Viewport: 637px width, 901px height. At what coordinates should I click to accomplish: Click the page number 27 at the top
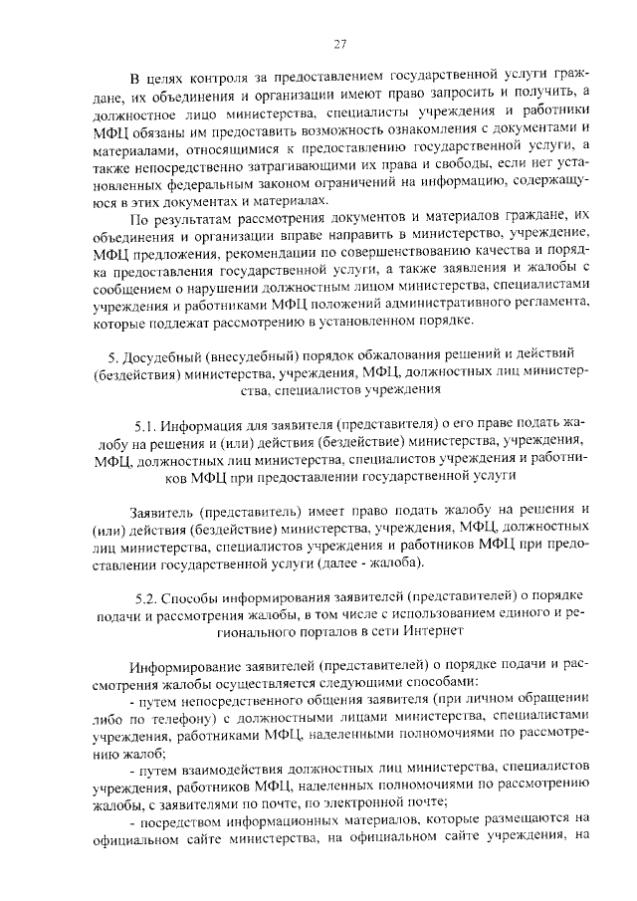(x=339, y=44)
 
